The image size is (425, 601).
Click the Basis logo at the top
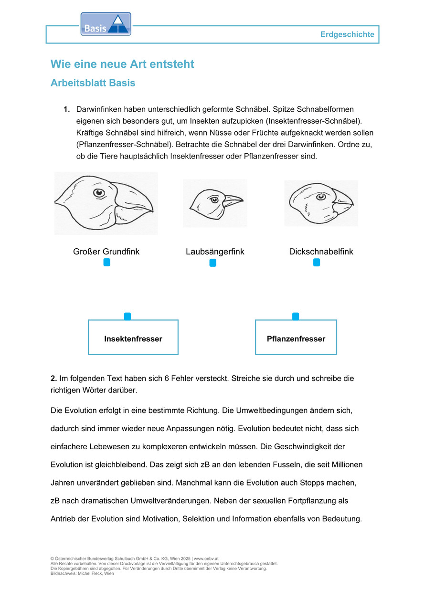click(106, 24)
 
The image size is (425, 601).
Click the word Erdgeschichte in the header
click(347, 35)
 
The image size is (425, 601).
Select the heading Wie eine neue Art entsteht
click(122, 64)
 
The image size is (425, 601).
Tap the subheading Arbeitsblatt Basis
click(93, 83)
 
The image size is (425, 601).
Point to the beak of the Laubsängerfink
click(233, 200)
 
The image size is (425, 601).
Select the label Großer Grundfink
click(106, 252)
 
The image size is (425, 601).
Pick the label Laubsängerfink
click(215, 252)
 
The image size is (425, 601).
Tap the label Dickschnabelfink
click(321, 252)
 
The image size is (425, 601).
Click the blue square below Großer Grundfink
click(107, 263)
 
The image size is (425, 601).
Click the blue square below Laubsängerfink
click(213, 263)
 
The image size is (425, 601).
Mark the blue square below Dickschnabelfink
click(317, 263)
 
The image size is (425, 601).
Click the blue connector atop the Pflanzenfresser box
click(296, 316)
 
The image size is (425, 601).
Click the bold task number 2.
click(53, 379)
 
